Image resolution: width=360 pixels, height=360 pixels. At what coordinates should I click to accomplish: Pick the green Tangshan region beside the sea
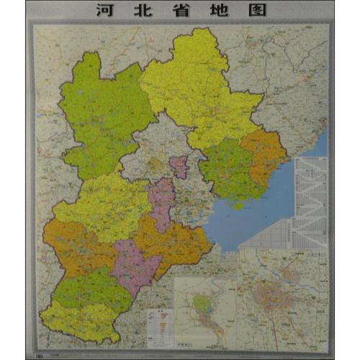[229, 169]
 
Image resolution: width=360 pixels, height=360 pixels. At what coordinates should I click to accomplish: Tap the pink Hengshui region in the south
[133, 266]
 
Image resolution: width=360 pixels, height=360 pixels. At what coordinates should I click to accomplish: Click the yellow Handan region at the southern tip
[79, 320]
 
